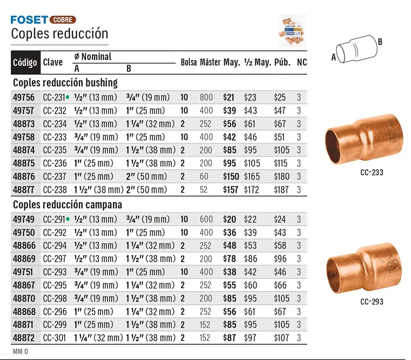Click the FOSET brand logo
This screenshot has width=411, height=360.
(x=30, y=20)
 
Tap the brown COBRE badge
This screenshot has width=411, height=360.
(x=63, y=20)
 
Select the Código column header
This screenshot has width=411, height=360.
(x=25, y=62)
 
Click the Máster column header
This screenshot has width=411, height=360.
(x=210, y=62)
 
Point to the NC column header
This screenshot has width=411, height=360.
(x=302, y=62)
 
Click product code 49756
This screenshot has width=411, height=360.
(x=24, y=98)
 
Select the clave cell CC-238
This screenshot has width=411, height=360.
(x=55, y=190)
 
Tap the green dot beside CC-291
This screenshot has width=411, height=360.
(x=68, y=219)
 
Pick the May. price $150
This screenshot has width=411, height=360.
(x=231, y=177)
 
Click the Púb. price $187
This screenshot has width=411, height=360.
(x=281, y=190)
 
